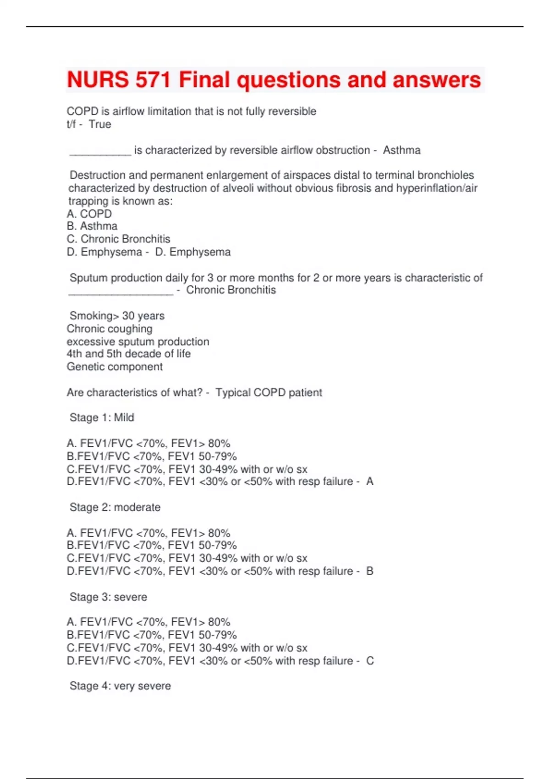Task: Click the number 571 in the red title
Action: (x=153, y=80)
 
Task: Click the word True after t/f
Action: (x=100, y=124)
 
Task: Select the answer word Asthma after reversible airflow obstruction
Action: (x=401, y=150)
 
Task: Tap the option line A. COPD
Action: (x=89, y=214)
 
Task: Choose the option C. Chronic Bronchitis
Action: (x=118, y=239)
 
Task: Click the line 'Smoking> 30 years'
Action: (x=117, y=316)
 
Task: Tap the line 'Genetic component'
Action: (x=115, y=367)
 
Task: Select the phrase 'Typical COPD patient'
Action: (x=269, y=393)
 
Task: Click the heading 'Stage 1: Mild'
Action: (x=102, y=417)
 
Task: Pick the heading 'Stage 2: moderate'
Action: (x=115, y=507)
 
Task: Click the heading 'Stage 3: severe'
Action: (x=108, y=597)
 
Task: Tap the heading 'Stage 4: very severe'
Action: (x=120, y=686)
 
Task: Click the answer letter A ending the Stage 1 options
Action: (x=370, y=482)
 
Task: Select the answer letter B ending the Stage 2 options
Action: (x=370, y=571)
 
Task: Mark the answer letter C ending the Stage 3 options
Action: (x=370, y=661)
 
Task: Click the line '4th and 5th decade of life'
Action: (x=128, y=354)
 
